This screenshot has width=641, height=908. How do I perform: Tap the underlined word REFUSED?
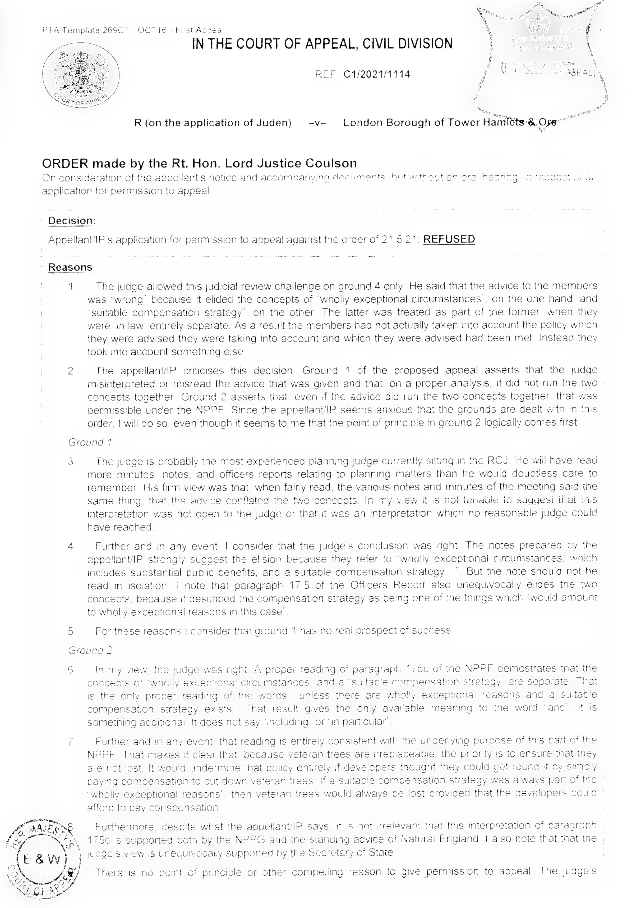[x=449, y=239]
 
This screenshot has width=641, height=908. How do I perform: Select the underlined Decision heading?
[x=71, y=221]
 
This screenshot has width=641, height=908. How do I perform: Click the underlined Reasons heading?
[x=70, y=267]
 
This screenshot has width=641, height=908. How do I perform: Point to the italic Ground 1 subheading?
[x=90, y=442]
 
